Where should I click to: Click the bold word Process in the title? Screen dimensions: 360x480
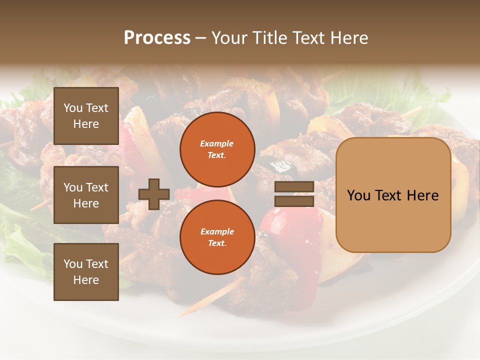pos(157,38)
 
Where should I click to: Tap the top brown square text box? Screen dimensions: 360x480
pos(86,116)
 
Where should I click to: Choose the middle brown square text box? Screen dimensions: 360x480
pos(86,195)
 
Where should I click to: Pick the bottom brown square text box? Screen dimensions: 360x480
pos(86,272)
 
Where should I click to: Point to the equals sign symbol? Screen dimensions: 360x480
pos(294,194)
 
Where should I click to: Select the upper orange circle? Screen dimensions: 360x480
pos(217,149)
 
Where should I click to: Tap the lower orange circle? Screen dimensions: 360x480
pos(217,237)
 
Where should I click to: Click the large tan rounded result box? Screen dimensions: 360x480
pos(393,195)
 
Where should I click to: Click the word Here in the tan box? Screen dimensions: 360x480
pos(422,195)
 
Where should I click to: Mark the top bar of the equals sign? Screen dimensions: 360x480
pos(294,187)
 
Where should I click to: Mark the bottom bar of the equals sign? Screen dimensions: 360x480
pos(294,201)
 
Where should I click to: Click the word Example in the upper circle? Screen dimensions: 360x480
pos(217,143)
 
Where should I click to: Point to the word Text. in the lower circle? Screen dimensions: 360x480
pos(217,243)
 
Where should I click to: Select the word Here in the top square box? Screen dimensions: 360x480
pos(86,124)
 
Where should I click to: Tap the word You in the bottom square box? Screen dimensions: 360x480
pos(73,264)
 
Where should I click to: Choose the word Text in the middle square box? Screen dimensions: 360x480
pos(97,187)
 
